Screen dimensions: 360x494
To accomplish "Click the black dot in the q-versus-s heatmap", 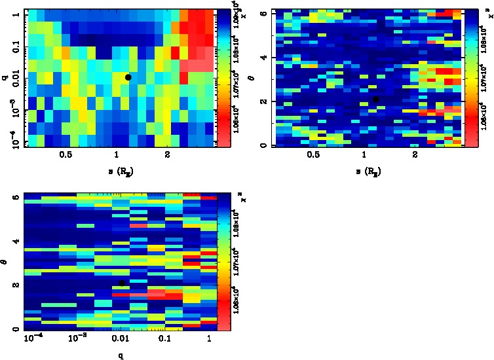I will (x=128, y=77).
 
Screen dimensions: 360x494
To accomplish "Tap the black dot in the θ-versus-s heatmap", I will (x=376, y=99).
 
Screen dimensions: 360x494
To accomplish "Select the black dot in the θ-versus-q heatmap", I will (x=122, y=283).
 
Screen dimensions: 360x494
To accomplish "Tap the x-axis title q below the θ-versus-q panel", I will (x=121, y=355).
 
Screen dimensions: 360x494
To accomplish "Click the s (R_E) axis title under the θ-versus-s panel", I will (x=368, y=171).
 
